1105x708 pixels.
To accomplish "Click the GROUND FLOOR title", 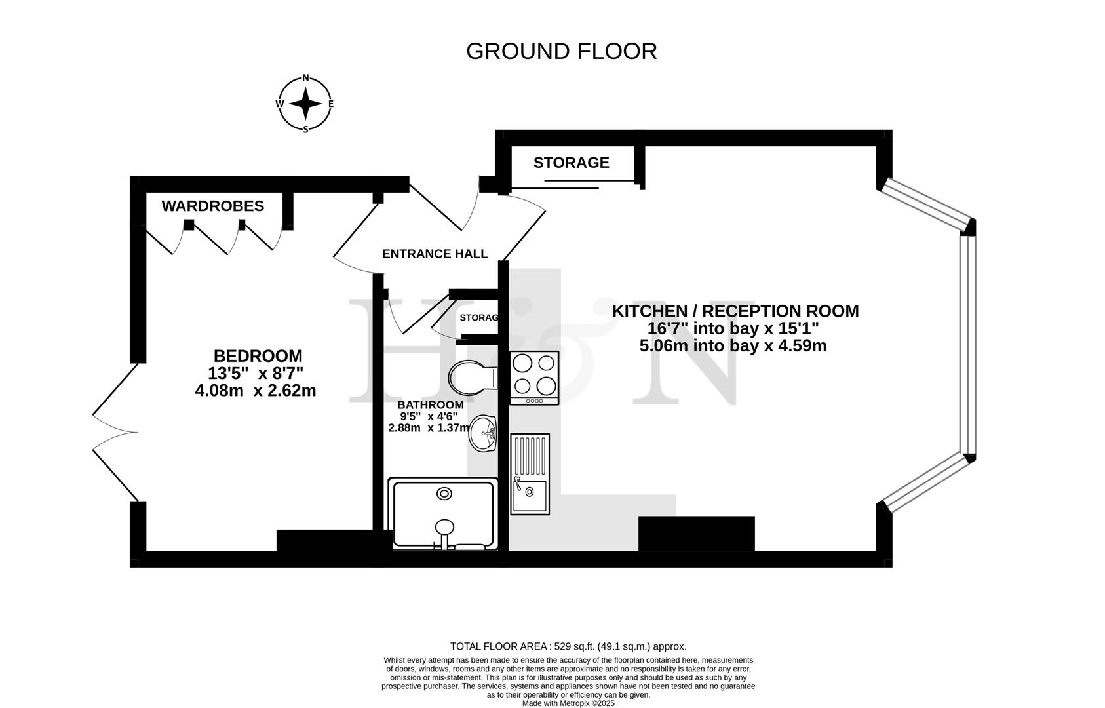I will point(561,51).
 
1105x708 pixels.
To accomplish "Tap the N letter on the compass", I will point(305,78).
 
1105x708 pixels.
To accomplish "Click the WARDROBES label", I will point(212,206).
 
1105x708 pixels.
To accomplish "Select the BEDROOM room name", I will point(258,356).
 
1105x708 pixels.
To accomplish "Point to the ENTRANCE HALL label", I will point(435,254).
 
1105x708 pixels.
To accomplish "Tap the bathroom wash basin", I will point(483,433).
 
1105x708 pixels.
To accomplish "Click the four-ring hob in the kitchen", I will point(534,377).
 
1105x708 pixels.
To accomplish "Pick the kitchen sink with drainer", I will point(530,473).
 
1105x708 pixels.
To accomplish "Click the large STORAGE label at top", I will point(571,163).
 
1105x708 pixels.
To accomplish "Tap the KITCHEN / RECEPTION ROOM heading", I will point(735,311).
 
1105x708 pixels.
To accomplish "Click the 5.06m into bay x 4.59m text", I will point(733,345).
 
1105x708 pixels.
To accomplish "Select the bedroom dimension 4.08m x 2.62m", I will point(256,391).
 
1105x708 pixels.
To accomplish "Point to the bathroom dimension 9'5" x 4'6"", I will point(429,416).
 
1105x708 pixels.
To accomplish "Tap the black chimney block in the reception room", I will point(696,533).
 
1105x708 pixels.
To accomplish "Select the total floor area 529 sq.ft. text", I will point(568,646).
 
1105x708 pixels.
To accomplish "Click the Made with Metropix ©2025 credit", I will point(568,703).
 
